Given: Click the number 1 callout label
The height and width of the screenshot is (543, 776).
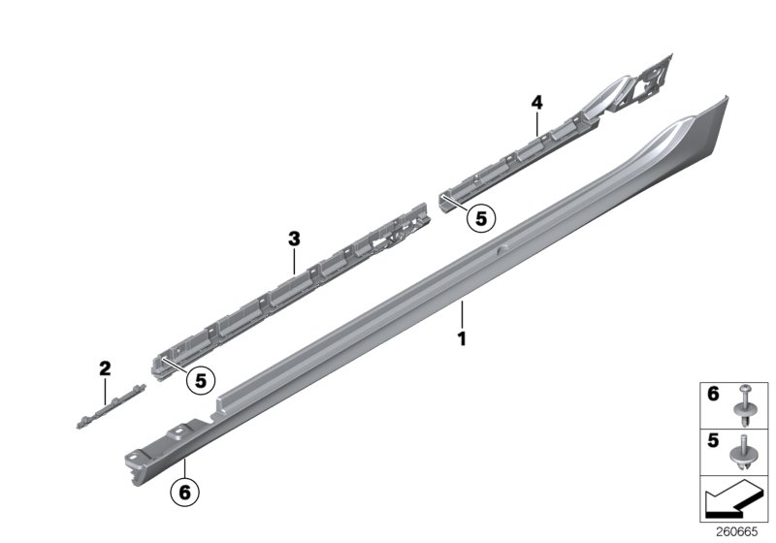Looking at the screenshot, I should pos(463,339).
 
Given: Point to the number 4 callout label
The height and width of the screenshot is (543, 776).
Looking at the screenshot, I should pos(535,101).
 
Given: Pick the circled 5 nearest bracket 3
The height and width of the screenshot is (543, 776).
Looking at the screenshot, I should pos(200,381).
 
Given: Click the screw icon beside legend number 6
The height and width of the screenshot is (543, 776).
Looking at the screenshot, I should pos(745,405).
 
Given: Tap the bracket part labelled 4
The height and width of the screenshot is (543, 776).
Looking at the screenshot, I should pos(563,145).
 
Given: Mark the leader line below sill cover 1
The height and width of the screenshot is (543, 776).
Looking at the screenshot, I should pos(463,315).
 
